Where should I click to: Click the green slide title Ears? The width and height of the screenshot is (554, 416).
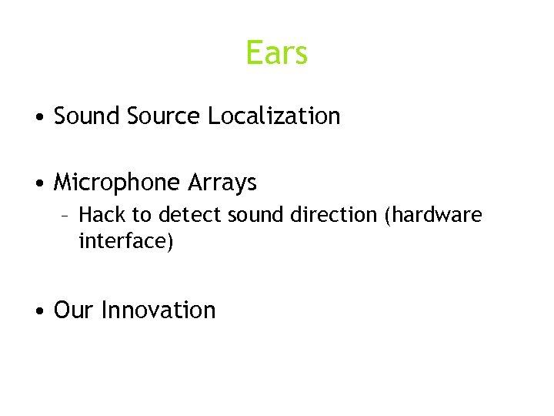[277, 53]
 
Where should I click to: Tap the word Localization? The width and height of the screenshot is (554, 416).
[273, 116]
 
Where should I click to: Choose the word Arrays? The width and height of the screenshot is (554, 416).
[222, 183]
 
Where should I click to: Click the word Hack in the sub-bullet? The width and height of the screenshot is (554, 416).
[100, 214]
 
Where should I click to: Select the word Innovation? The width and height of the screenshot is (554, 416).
[159, 310]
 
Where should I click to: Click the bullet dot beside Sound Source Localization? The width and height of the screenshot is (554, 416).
[38, 118]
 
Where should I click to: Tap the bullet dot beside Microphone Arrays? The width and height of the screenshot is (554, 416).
[38, 185]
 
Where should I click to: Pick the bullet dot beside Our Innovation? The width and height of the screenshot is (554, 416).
[38, 312]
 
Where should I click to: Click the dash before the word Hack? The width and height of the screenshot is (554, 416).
[67, 215]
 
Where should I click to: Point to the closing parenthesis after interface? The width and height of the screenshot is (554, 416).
[172, 243]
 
